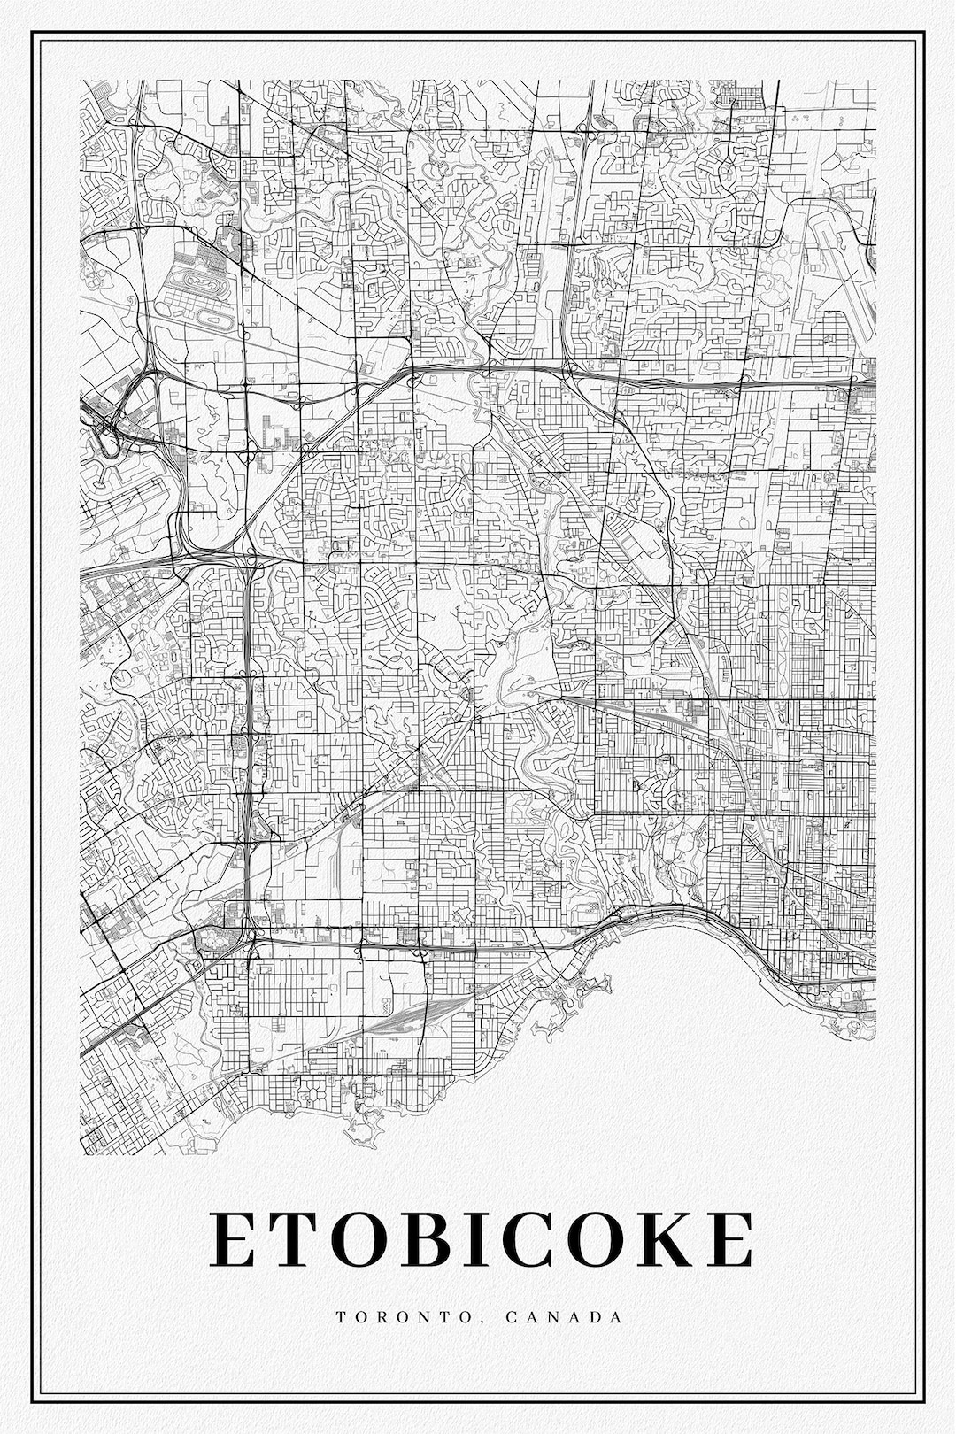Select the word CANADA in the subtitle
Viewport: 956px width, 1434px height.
point(565,1316)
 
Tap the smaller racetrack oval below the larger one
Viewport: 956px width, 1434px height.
point(215,316)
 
